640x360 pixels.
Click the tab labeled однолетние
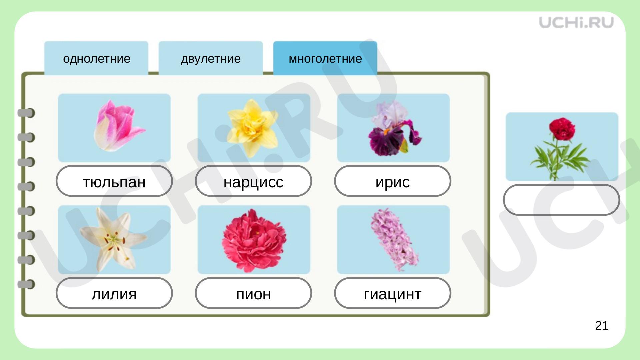click(96, 58)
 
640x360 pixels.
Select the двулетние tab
click(211, 58)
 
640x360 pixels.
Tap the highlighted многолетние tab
click(325, 58)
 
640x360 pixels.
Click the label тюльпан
click(114, 181)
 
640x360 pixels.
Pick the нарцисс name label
click(253, 181)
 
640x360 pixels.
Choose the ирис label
click(393, 181)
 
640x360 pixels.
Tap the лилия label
click(114, 293)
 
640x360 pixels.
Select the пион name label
click(253, 293)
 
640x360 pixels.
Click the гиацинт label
click(393, 293)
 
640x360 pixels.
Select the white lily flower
click(113, 239)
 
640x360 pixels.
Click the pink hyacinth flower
click(394, 240)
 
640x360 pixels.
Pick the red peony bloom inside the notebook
click(254, 240)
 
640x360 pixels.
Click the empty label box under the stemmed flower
click(561, 200)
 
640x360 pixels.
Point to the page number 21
click(602, 325)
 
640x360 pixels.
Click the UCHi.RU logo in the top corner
click(576, 22)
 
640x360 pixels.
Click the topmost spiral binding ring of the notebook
click(26, 113)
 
